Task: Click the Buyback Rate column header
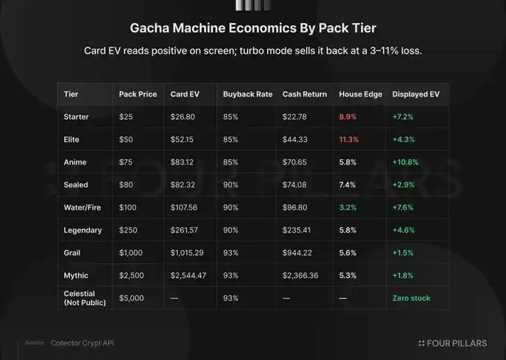[248, 94]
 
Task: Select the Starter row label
[76, 117]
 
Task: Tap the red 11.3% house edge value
[349, 139]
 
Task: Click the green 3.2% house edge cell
[348, 208]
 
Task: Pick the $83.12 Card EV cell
[182, 162]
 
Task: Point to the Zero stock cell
[411, 298]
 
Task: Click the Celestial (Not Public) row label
[85, 298]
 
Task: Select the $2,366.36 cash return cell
[300, 275]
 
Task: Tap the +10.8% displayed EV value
[406, 162]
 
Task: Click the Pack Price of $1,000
[131, 253]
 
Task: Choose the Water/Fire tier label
[83, 208]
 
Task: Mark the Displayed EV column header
[416, 94]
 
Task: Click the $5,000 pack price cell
[132, 298]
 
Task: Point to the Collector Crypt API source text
[83, 343]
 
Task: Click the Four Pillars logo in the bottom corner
[452, 343]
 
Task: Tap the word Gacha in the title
[150, 28]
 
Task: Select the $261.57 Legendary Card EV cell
[185, 230]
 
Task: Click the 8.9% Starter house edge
[348, 117]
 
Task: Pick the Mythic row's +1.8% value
[403, 275]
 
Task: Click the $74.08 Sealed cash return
[295, 185]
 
